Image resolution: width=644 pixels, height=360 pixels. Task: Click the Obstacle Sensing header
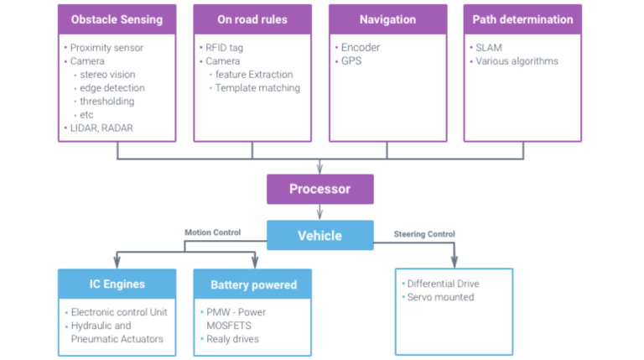(117, 18)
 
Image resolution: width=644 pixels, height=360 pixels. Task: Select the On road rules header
(252, 18)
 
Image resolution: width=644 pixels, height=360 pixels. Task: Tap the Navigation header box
(387, 18)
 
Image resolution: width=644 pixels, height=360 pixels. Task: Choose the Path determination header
(522, 18)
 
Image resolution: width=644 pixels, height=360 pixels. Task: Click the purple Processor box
(319, 189)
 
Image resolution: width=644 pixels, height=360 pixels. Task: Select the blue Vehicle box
(319, 235)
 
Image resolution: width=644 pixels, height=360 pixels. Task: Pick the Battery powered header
(252, 284)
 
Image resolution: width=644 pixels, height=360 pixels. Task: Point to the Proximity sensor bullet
(106, 48)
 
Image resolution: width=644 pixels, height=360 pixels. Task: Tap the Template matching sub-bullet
(257, 88)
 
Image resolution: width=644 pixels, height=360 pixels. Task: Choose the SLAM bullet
(491, 48)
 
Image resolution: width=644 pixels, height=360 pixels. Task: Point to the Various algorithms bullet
(517, 61)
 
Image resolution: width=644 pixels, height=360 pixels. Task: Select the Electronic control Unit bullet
(118, 312)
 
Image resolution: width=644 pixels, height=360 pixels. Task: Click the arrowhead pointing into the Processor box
(319, 167)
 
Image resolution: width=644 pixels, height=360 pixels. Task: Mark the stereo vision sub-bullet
(112, 75)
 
